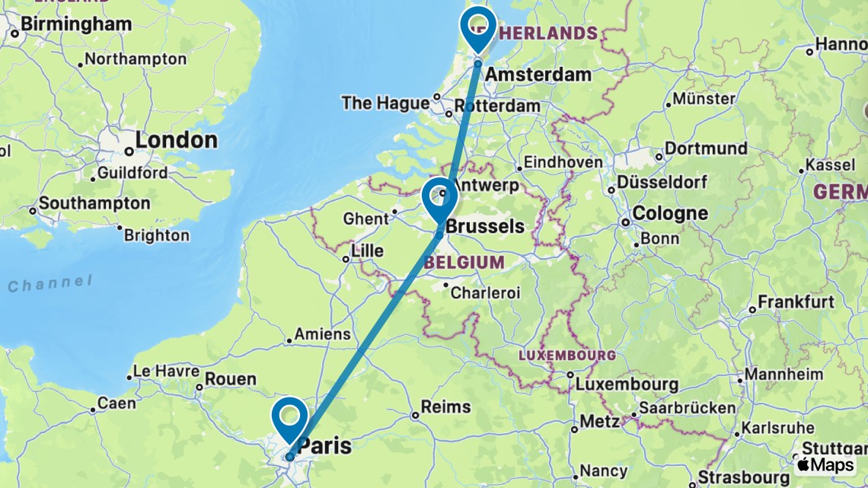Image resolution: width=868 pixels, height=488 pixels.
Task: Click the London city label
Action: pos(176,141)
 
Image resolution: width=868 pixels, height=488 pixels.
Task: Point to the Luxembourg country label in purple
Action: pos(566,356)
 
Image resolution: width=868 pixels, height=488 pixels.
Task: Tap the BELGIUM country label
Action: pos(467,262)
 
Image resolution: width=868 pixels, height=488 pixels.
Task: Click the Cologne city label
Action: pos(670,213)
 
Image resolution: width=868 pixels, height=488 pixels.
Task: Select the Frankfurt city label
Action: pos(796,301)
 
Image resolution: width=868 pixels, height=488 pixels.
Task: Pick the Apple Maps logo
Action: pos(825,464)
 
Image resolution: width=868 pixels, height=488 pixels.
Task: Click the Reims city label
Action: pos(446,407)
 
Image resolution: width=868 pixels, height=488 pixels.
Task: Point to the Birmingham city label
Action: pos(76,24)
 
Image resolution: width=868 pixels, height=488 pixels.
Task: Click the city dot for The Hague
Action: pos(437,97)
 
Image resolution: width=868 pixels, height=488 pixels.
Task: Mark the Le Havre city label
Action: pos(166,372)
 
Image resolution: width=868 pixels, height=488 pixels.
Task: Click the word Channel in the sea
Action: pos(49,285)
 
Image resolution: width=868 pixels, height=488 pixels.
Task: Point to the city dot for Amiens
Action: pos(289,340)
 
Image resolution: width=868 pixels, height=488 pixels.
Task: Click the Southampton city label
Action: pos(94,204)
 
